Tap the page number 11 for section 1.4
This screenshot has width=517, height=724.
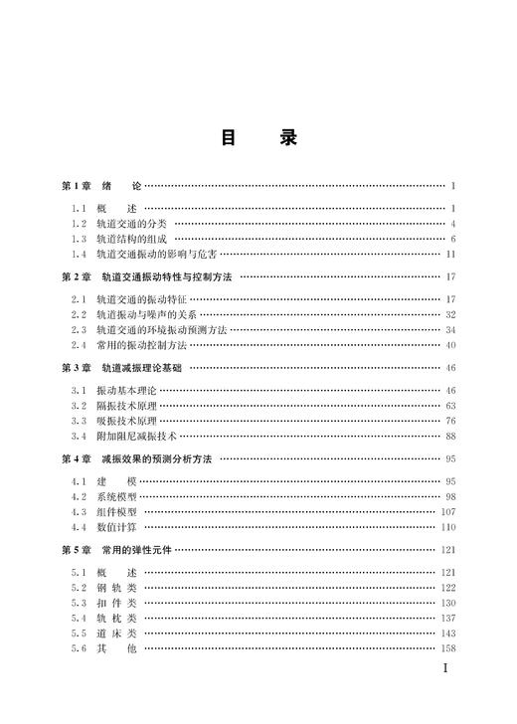point(449,255)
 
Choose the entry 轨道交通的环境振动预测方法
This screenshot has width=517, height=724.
point(162,329)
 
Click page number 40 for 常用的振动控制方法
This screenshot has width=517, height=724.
point(449,345)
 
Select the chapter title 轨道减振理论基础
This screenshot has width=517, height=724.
point(144,367)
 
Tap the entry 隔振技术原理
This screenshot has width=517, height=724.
point(127,405)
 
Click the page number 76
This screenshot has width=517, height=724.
point(449,421)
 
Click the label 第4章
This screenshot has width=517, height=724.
point(77,458)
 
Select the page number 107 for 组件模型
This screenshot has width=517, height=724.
point(447,511)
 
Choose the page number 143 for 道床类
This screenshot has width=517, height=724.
point(447,633)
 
